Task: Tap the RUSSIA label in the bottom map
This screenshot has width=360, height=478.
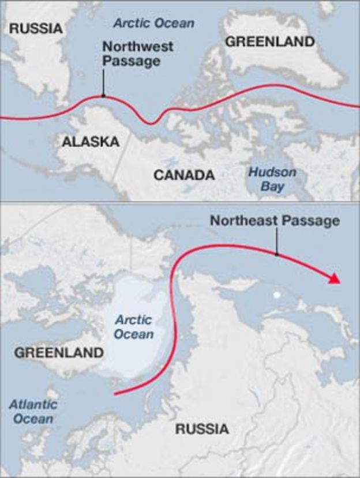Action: pyautogui.click(x=202, y=429)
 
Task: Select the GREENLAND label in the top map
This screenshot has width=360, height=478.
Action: pyautogui.click(x=270, y=42)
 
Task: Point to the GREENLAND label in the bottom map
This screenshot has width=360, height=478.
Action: pyautogui.click(x=59, y=352)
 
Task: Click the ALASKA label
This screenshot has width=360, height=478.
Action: pyautogui.click(x=91, y=142)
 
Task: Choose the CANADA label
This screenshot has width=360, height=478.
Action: pyautogui.click(x=184, y=175)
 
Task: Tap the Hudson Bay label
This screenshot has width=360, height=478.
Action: pyautogui.click(x=272, y=179)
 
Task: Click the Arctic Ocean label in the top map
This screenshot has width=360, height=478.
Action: pyautogui.click(x=153, y=24)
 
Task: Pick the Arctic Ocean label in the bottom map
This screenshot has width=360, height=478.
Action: pyautogui.click(x=134, y=326)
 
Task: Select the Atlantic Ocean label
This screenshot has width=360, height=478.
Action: pyautogui.click(x=33, y=411)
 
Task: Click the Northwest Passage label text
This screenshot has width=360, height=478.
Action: pyautogui.click(x=130, y=54)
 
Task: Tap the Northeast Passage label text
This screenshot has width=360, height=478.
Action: pyautogui.click(x=275, y=221)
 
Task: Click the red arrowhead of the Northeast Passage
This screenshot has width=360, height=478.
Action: pyautogui.click(x=333, y=279)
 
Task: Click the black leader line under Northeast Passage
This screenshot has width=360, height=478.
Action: pyautogui.click(x=276, y=241)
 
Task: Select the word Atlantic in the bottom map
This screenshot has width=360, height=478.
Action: pyautogui.click(x=33, y=404)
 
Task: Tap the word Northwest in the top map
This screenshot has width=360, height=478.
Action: pyautogui.click(x=130, y=47)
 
